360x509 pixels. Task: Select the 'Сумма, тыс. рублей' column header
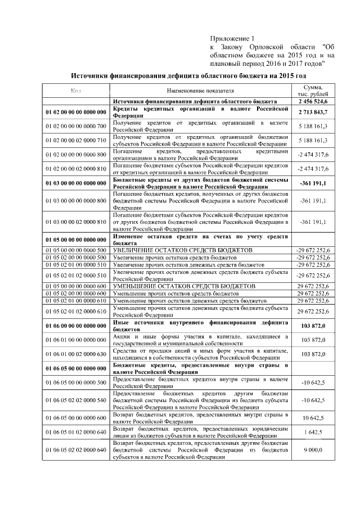pyautogui.click(x=313, y=91)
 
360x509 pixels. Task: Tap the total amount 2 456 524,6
pyautogui.click(x=313, y=102)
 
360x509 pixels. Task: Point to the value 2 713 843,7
pyautogui.click(x=313, y=112)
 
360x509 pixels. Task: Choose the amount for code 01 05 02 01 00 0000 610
pyautogui.click(x=313, y=301)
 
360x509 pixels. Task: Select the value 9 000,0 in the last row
pyautogui.click(x=313, y=450)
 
